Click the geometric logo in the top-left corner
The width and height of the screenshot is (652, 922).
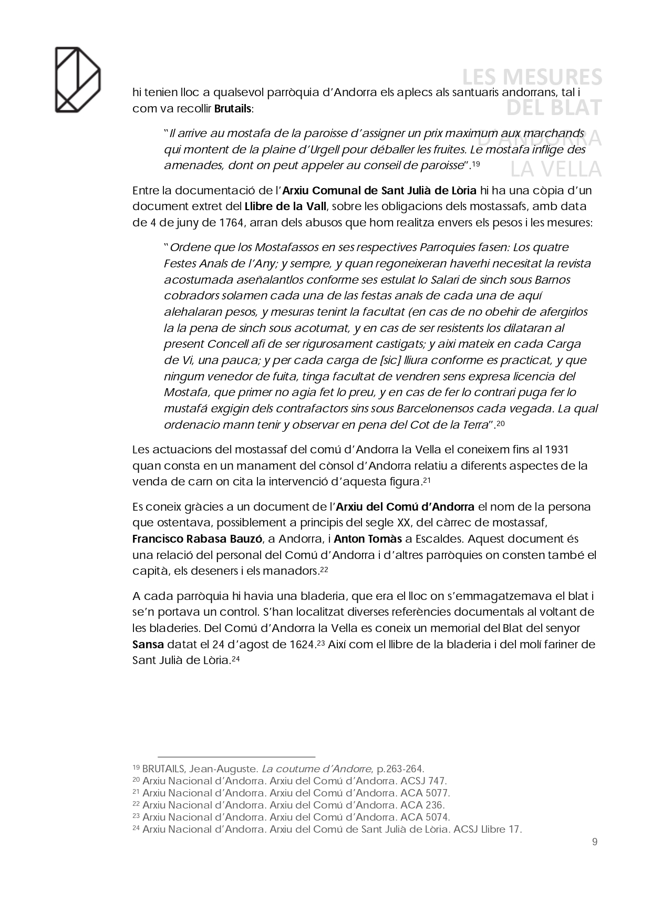click(x=78, y=79)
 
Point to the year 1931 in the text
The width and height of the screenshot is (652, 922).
click(x=557, y=450)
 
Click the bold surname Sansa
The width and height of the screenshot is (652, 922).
click(x=148, y=645)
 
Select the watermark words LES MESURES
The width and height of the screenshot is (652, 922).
click(x=532, y=78)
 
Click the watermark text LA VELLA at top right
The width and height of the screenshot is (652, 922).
click(x=556, y=169)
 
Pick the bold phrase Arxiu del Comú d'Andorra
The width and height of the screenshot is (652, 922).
click(x=405, y=507)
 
